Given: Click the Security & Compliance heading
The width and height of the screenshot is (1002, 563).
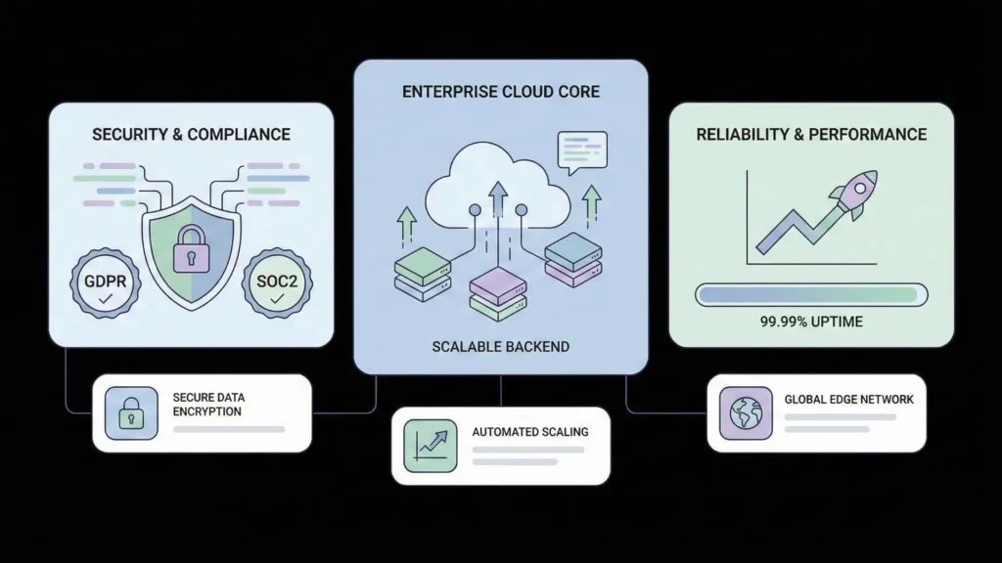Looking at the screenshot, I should click(191, 134).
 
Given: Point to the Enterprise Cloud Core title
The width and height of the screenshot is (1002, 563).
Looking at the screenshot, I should click(501, 92).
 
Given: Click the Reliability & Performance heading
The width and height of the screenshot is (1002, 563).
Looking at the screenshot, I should click(811, 134).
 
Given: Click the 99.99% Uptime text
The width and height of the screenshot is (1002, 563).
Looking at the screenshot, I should click(811, 321).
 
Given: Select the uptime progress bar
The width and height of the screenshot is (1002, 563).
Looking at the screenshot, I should click(811, 293).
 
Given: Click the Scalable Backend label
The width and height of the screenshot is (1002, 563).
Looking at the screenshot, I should click(500, 347).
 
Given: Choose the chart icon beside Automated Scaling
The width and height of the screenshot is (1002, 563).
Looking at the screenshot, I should click(430, 445).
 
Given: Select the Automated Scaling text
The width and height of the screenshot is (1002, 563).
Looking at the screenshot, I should click(529, 431).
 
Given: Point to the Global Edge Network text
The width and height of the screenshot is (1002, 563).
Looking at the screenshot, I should click(848, 399).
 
